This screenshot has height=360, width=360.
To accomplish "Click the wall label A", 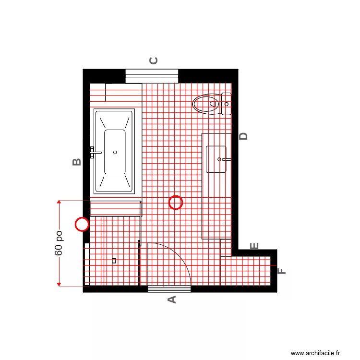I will click(171, 300).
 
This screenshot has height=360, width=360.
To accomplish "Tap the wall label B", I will click(77, 162).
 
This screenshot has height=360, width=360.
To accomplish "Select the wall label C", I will click(154, 60).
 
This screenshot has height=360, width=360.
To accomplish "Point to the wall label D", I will click(244, 136).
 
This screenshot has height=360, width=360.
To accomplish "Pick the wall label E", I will click(254, 246).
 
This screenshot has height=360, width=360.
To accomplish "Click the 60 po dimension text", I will click(59, 243).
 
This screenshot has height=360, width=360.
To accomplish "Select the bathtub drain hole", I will click(115, 152).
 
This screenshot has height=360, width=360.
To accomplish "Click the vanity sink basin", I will click(216, 159).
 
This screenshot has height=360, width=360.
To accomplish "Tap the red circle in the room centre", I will click(176, 203).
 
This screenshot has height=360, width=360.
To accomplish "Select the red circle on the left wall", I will click(83, 224).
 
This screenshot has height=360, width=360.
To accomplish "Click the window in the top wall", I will click(152, 76).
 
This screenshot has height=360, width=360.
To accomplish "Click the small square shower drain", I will click(114, 261).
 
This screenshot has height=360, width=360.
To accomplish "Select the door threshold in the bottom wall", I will click(169, 289).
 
